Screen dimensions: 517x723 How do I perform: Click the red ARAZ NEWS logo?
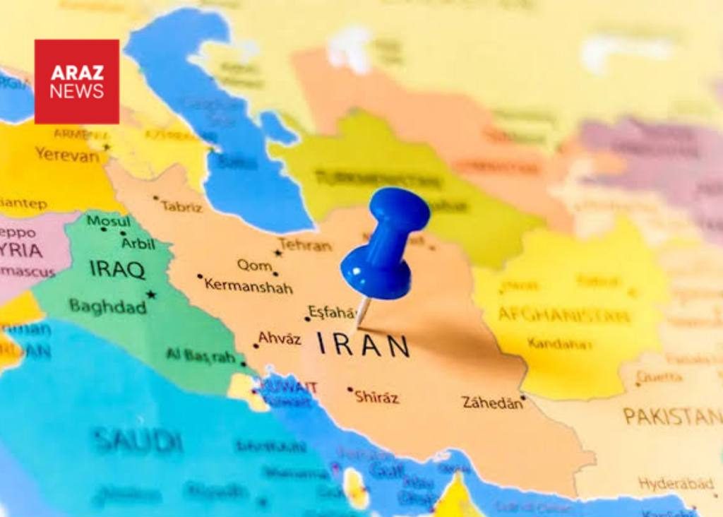(x=76, y=81)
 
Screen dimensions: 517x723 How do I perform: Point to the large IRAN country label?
(x=363, y=345)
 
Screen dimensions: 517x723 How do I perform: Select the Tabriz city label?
(x=181, y=207)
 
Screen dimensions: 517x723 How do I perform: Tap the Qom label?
(x=254, y=265)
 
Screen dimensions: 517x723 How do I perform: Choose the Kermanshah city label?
(x=248, y=286)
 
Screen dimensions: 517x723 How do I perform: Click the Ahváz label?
(x=279, y=338)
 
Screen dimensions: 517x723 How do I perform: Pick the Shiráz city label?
(x=376, y=397)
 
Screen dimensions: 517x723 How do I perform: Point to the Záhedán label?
(x=492, y=403)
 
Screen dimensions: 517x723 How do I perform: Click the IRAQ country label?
(x=117, y=269)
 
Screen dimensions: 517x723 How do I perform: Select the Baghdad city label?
(x=107, y=307)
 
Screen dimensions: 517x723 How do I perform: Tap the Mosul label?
(x=108, y=221)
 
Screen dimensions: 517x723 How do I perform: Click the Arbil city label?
(x=138, y=243)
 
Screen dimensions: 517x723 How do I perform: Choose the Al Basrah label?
(x=201, y=355)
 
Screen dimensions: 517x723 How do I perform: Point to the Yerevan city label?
(x=68, y=154)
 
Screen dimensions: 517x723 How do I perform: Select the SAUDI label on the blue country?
(x=137, y=441)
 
